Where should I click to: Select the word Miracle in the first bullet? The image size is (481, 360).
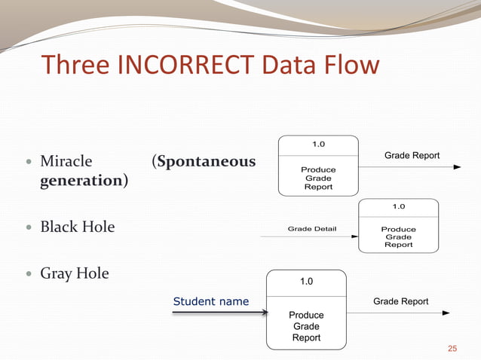66,161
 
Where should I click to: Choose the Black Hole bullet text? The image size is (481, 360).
78,227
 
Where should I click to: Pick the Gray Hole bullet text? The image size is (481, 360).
75,273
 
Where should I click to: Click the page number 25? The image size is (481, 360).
452,348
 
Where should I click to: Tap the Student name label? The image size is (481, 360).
211,301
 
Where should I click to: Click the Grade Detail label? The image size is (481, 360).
312,228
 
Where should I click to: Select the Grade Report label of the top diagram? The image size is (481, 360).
412,155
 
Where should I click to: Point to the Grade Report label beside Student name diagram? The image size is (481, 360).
400,301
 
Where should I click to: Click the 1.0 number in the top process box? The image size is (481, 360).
318,144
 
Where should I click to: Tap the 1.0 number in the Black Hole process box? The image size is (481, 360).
398,206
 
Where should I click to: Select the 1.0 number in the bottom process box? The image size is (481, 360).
306,282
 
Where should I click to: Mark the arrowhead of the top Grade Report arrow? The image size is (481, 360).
456,166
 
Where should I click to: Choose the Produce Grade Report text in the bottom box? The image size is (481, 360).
306,326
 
